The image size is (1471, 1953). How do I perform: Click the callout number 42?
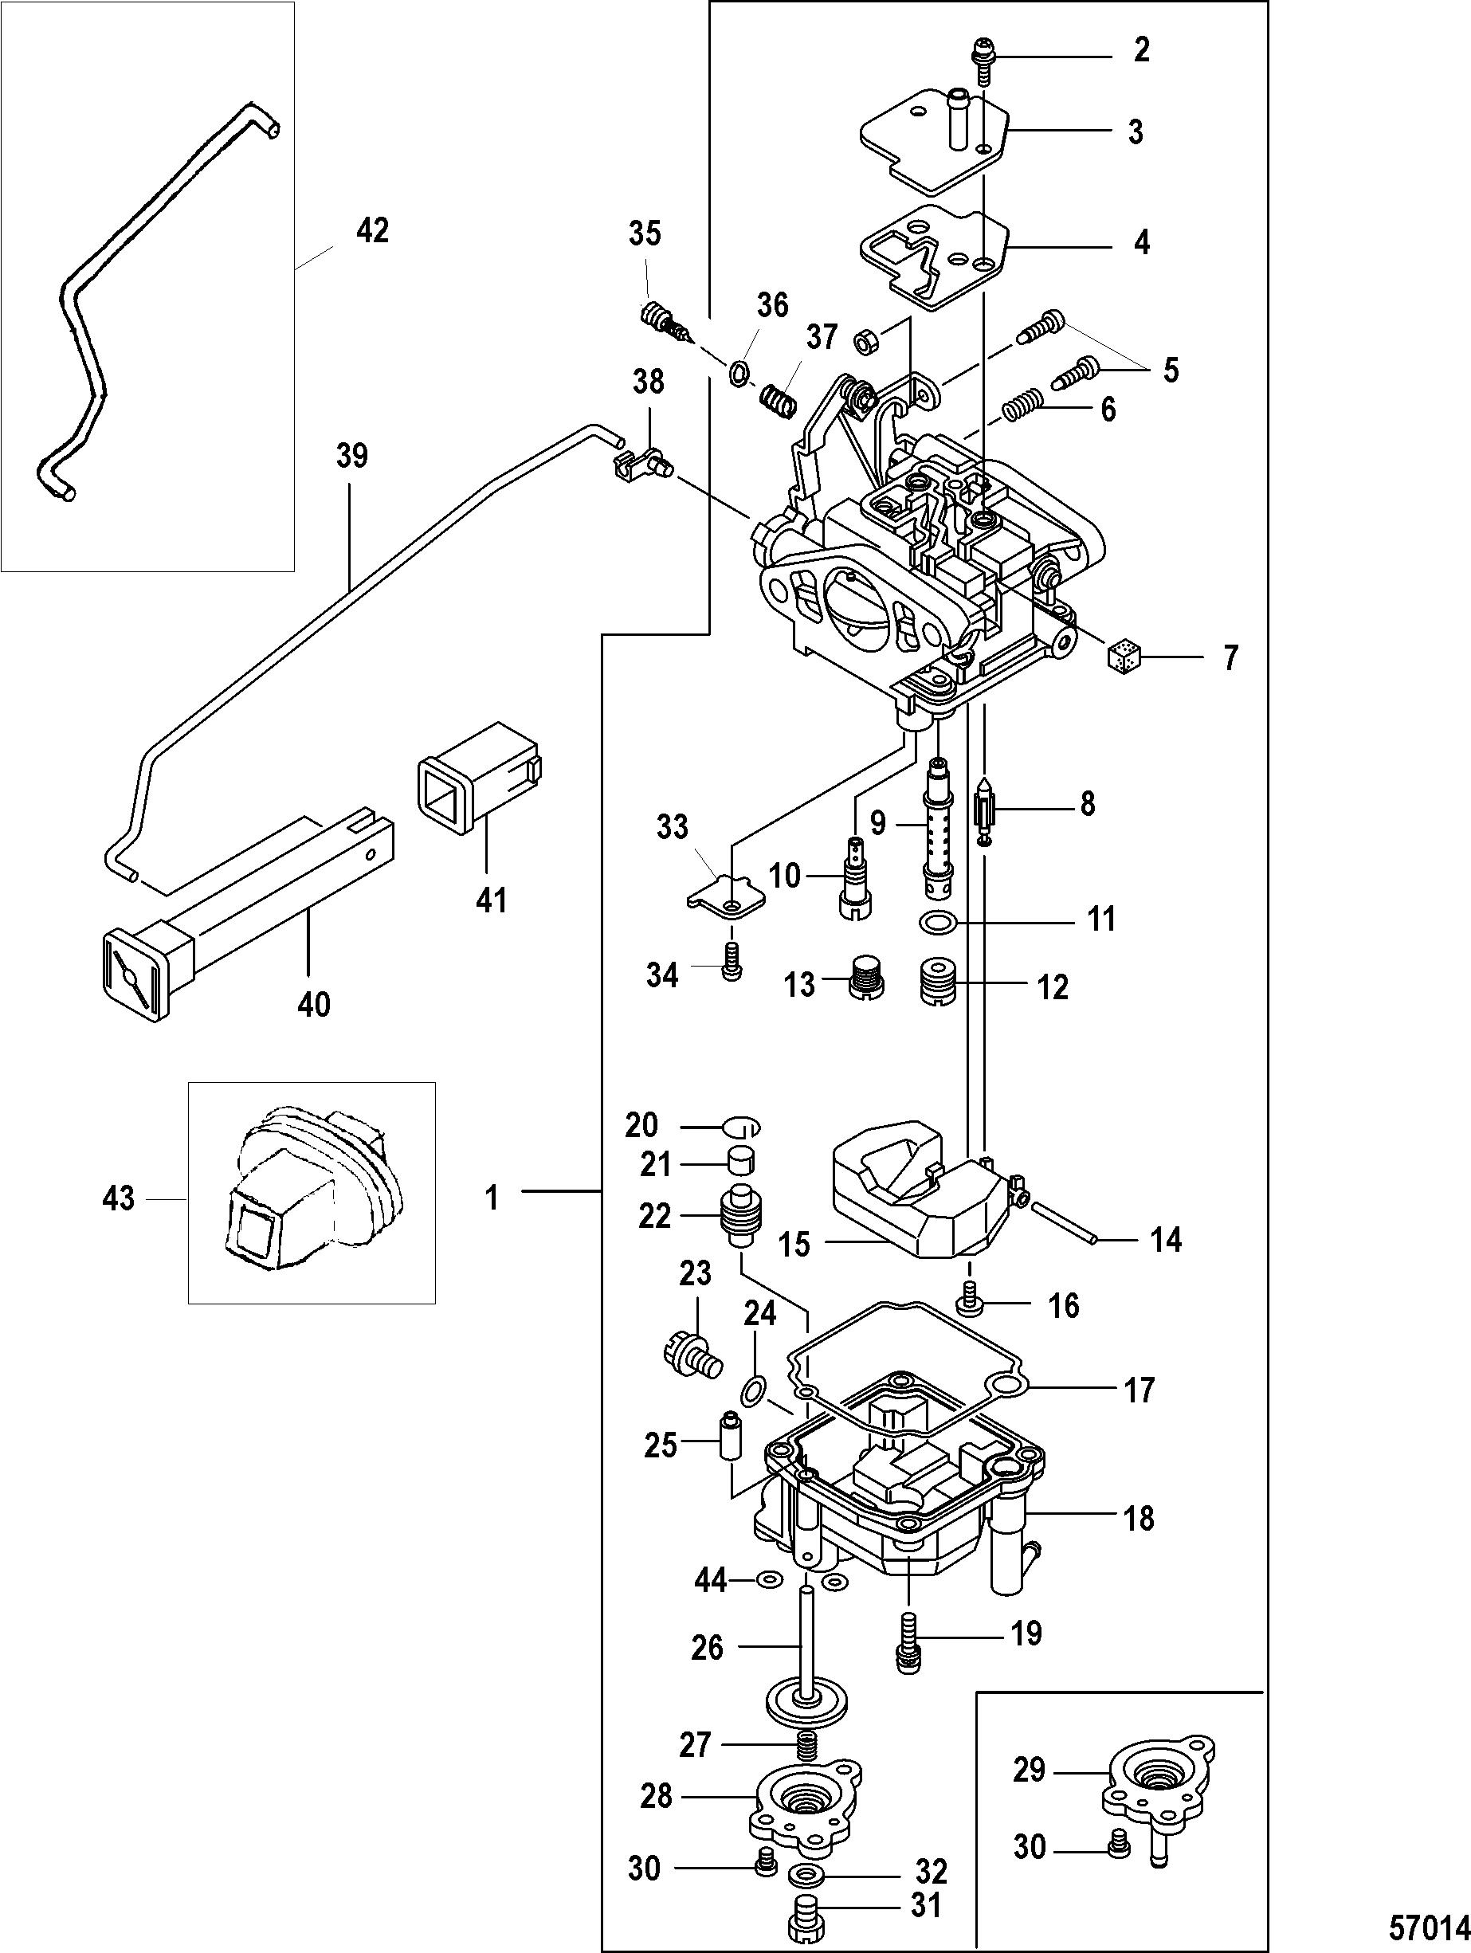(371, 231)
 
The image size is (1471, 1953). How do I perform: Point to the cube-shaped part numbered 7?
(1125, 657)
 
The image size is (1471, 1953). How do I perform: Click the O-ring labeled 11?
(936, 924)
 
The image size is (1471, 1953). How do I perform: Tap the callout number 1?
(491, 1198)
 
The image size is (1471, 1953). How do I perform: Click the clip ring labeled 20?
(740, 1127)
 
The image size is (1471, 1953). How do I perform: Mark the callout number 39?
(351, 457)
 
